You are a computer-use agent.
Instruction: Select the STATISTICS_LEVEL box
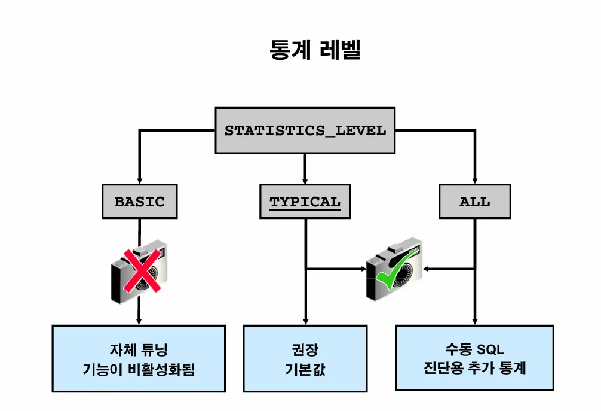pos(305,130)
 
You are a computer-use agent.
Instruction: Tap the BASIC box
pos(139,201)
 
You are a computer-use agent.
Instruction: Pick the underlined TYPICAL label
pos(305,202)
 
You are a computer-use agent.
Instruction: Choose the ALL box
pos(474,202)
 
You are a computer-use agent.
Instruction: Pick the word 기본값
pos(305,369)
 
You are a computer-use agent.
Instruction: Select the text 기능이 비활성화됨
pos(139,369)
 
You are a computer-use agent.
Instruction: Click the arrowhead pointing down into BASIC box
pos(139,179)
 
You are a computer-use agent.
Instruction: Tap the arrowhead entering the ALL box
pos(474,179)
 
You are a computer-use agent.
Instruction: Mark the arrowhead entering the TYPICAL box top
pos(305,179)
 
